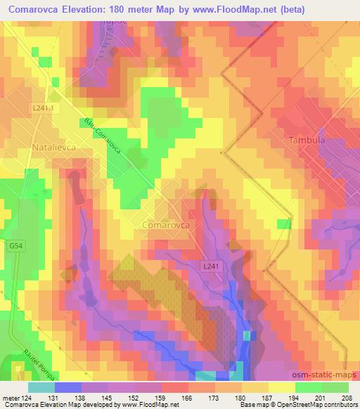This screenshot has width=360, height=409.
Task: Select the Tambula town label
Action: [307, 141]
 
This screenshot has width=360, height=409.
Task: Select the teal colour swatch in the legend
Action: [41, 387]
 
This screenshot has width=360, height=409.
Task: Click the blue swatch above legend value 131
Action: [68, 387]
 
